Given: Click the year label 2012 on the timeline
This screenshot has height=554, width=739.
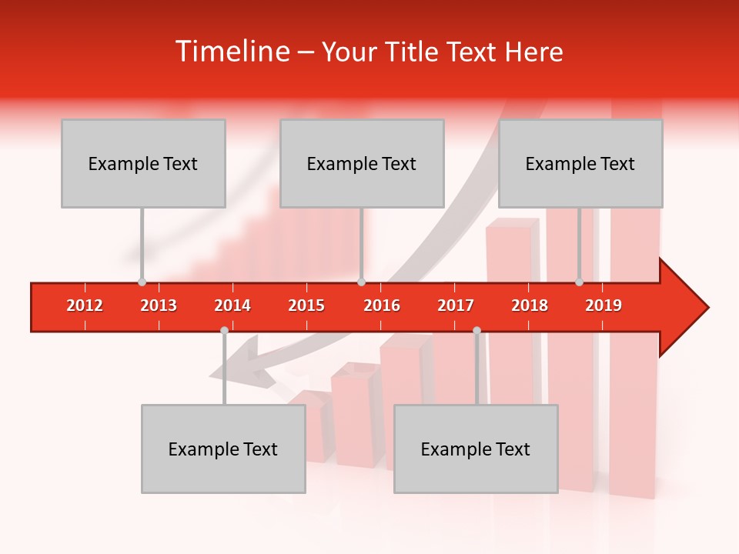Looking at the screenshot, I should (85, 306).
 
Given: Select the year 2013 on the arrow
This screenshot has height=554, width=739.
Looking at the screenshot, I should (159, 306).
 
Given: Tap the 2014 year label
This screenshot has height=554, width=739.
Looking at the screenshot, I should (232, 306).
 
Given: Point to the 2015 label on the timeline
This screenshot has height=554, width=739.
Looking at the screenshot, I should (306, 306).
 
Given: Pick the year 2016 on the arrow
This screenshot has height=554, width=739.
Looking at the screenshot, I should (382, 306).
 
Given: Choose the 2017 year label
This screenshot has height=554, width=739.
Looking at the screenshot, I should (456, 306).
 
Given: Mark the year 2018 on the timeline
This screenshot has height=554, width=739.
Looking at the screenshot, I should (530, 306).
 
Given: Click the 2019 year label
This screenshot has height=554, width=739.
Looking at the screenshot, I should (604, 306).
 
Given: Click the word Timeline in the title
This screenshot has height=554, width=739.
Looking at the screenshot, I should (230, 52).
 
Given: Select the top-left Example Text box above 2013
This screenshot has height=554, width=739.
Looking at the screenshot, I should (143, 163).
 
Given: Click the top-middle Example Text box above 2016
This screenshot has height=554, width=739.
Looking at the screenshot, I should (362, 163).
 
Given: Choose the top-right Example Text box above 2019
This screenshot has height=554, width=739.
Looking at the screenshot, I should (580, 163).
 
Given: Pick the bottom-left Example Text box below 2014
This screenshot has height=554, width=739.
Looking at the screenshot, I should (223, 449).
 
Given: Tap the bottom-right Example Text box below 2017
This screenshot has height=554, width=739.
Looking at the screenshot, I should (476, 449).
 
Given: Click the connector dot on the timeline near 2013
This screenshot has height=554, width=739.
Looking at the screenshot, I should (142, 282).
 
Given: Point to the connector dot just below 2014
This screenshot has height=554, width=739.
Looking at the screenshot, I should (224, 331).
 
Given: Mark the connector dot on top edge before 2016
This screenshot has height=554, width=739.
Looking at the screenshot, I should (361, 282).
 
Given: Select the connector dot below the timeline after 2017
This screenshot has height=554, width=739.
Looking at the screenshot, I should (477, 331).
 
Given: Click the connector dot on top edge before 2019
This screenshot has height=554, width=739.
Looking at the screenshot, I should (579, 282).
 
